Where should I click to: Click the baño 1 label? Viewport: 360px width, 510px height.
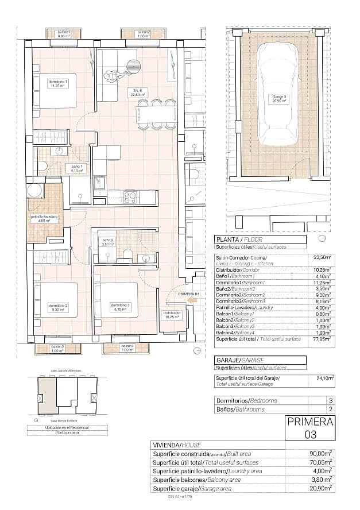click(x=61, y=168)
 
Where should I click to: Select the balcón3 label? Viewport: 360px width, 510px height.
click(x=57, y=348)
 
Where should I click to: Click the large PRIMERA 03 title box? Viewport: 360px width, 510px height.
click(x=310, y=428)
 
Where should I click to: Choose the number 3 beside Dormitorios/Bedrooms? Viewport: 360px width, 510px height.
click(x=330, y=400)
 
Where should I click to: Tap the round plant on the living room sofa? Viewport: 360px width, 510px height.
click(x=131, y=59)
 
